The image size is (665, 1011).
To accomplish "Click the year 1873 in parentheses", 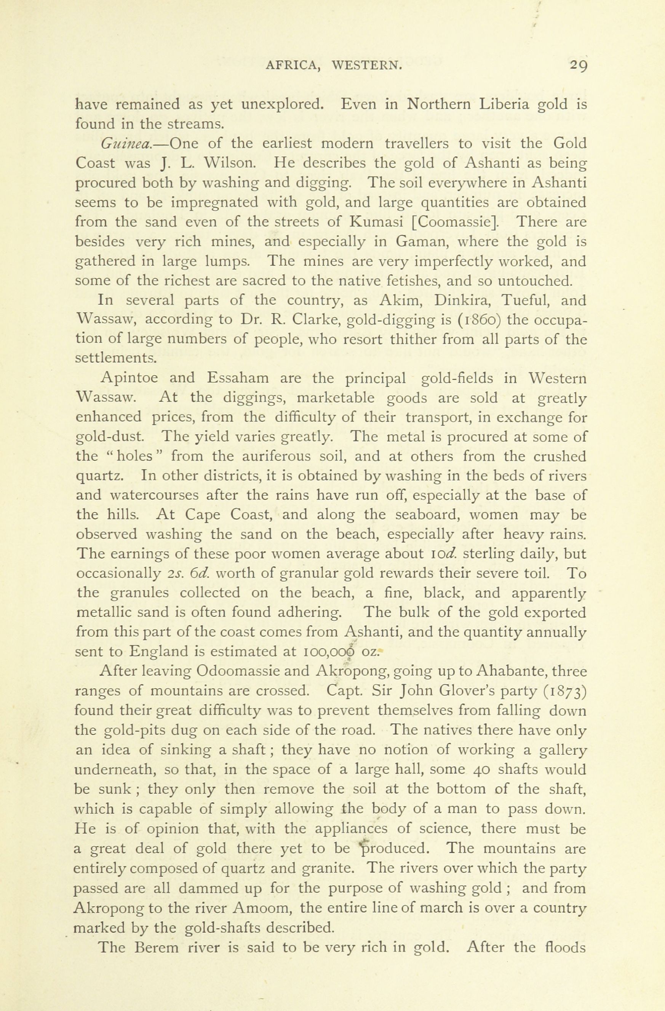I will click(x=564, y=691).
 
